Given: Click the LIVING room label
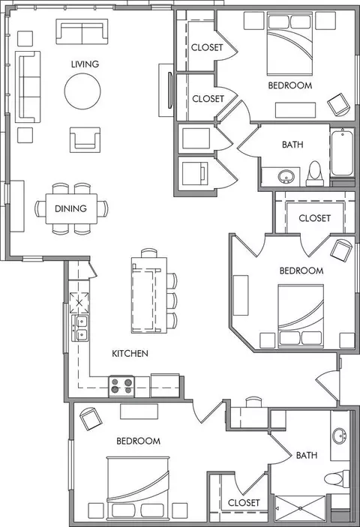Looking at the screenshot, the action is coord(85,64).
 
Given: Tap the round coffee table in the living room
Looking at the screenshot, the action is coord(82,91).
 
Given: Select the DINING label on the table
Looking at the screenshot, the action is coord(70,208).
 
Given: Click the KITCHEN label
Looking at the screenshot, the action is coord(130,353).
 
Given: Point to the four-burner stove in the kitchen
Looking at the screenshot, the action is coord(121,386).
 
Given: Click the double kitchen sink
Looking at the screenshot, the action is coord(80,328).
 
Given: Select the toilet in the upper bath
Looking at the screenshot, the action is coord(314,173).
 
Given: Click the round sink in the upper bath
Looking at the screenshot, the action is coord(286,176).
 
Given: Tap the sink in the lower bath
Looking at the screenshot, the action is coord(340,436).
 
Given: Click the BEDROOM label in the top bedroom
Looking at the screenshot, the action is coord(290,85).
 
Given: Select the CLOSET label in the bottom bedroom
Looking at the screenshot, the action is coord(244,503).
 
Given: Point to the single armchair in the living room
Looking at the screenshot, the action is coord(85,139).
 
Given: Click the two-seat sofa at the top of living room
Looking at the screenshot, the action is coord(82,31).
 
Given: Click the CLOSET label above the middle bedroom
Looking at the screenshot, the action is coord(314,218).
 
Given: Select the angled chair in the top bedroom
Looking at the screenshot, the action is coord(339,104).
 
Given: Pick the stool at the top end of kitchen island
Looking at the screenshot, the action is coord(149,253).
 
